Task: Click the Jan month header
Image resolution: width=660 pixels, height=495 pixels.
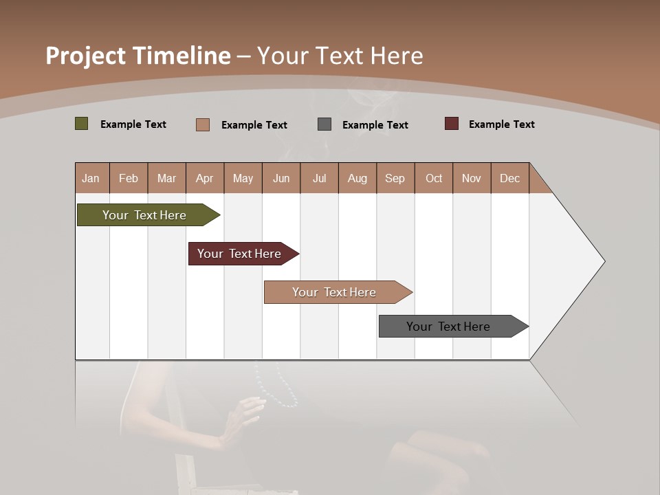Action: click(x=91, y=178)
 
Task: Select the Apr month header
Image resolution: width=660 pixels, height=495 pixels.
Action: click(x=205, y=178)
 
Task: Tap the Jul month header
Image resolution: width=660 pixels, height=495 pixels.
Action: click(x=320, y=178)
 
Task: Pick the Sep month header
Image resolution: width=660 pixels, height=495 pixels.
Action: click(x=395, y=178)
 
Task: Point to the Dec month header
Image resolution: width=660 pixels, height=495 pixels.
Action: click(x=510, y=178)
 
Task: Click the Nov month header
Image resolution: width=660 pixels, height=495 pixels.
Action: click(x=472, y=178)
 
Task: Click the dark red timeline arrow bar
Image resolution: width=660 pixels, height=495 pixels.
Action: click(x=241, y=254)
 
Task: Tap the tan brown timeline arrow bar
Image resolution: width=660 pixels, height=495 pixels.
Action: click(x=335, y=292)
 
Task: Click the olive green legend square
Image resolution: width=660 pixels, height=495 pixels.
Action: click(x=82, y=124)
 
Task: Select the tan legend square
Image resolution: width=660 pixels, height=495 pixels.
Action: click(x=203, y=124)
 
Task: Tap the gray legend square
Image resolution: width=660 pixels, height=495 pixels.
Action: click(x=324, y=124)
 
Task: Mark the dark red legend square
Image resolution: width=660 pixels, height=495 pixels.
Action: click(x=452, y=124)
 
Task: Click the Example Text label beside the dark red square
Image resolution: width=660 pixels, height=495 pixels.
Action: click(x=502, y=124)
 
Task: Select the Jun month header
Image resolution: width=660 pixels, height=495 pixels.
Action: click(x=281, y=178)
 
